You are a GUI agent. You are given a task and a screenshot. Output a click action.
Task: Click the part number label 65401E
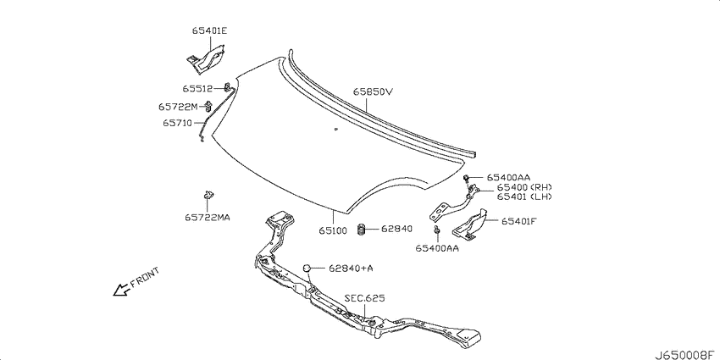209,31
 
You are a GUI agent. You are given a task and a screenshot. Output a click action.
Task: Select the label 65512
197,88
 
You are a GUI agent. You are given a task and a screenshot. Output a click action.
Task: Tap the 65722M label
178,107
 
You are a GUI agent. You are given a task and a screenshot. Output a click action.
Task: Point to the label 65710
177,123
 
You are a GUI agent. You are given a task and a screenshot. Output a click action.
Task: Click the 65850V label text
373,91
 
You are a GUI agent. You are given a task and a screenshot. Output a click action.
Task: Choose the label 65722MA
208,217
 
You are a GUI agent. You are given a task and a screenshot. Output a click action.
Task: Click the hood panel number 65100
333,231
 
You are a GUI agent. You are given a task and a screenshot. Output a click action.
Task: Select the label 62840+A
351,269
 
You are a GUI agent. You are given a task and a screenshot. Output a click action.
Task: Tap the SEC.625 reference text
365,298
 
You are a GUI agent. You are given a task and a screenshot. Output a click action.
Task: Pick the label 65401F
519,221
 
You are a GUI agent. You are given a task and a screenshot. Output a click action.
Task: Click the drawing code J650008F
686,354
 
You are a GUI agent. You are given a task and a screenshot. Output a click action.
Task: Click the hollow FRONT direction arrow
120,291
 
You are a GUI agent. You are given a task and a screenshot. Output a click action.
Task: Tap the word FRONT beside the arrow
145,277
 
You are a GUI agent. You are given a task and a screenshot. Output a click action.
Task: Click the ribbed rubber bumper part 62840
362,230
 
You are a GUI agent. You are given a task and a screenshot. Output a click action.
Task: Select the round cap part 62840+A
307,268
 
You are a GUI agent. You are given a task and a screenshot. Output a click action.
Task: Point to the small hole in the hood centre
336,129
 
